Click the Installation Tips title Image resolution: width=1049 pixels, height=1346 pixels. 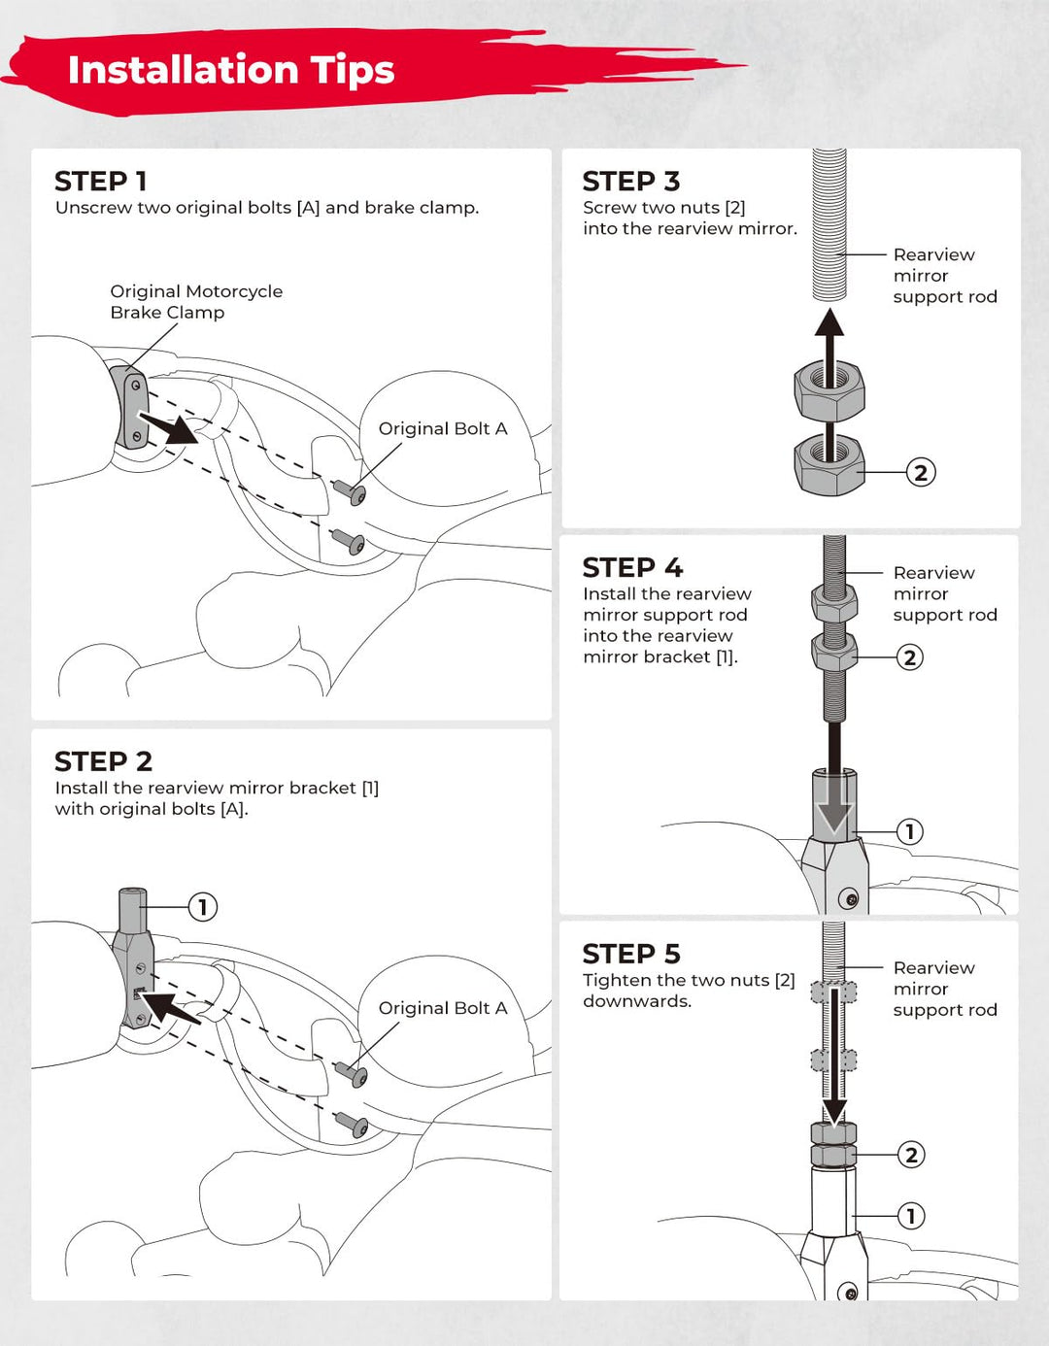point(231,70)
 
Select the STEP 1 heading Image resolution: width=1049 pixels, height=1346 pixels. point(101,182)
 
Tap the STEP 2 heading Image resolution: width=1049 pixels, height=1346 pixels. point(103,761)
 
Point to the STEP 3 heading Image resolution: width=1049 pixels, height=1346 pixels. point(631,182)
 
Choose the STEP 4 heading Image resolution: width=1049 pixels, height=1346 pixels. point(632,567)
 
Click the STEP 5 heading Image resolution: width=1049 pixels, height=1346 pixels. point(631,954)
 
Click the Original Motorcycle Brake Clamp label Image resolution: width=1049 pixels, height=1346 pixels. point(195,302)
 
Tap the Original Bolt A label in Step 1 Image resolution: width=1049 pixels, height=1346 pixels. point(443,428)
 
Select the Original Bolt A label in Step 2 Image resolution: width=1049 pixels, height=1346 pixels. point(443,1008)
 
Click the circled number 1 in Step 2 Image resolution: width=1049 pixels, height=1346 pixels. point(202,907)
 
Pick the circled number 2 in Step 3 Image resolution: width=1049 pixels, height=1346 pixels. point(921,473)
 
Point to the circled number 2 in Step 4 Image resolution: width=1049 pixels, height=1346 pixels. point(910,657)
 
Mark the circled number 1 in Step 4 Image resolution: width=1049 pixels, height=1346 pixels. point(910,831)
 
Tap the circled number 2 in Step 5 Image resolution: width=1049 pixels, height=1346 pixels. point(911,1155)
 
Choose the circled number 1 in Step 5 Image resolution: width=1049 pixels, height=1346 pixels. point(911,1216)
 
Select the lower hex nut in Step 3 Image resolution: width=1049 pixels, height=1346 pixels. point(829,465)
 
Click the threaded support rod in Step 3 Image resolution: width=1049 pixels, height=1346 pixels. point(829,223)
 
